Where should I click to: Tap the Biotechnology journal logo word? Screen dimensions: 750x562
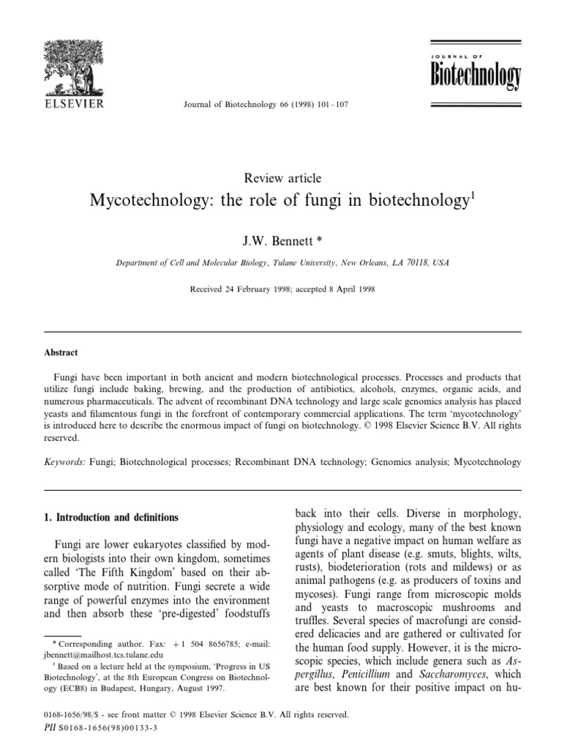[x=475, y=74]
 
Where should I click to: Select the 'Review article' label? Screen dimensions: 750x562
[x=281, y=178]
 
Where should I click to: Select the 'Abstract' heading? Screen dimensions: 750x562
[x=61, y=352]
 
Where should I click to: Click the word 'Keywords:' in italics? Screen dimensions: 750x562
[x=64, y=462]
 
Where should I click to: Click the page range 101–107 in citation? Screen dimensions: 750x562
[x=331, y=105]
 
